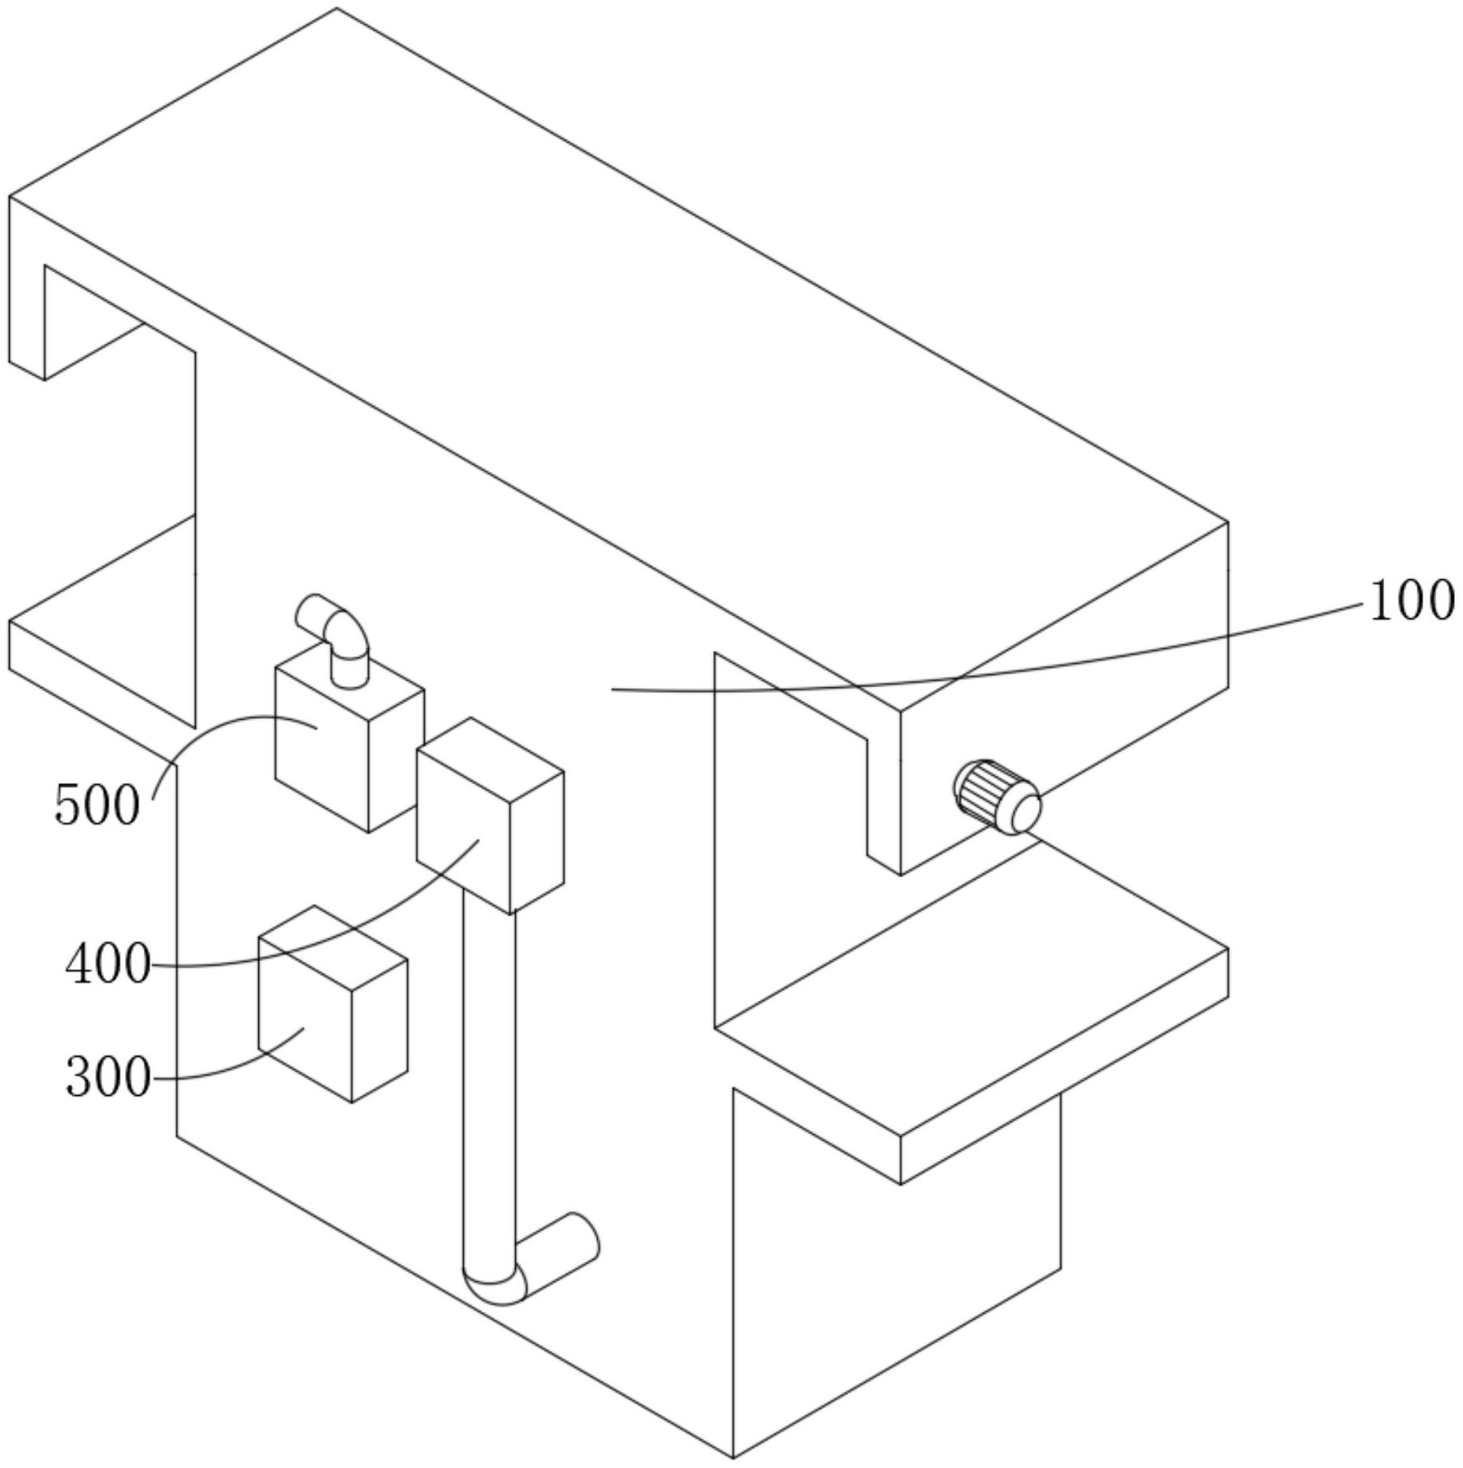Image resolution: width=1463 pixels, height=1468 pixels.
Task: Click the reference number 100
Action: tap(1411, 602)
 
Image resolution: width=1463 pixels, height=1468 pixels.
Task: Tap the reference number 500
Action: tap(97, 805)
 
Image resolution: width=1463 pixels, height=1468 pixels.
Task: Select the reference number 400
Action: tap(108, 965)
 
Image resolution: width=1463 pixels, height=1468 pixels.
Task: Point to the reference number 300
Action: tap(108, 1078)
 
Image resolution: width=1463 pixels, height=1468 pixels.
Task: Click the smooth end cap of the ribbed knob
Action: tap(1025, 811)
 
